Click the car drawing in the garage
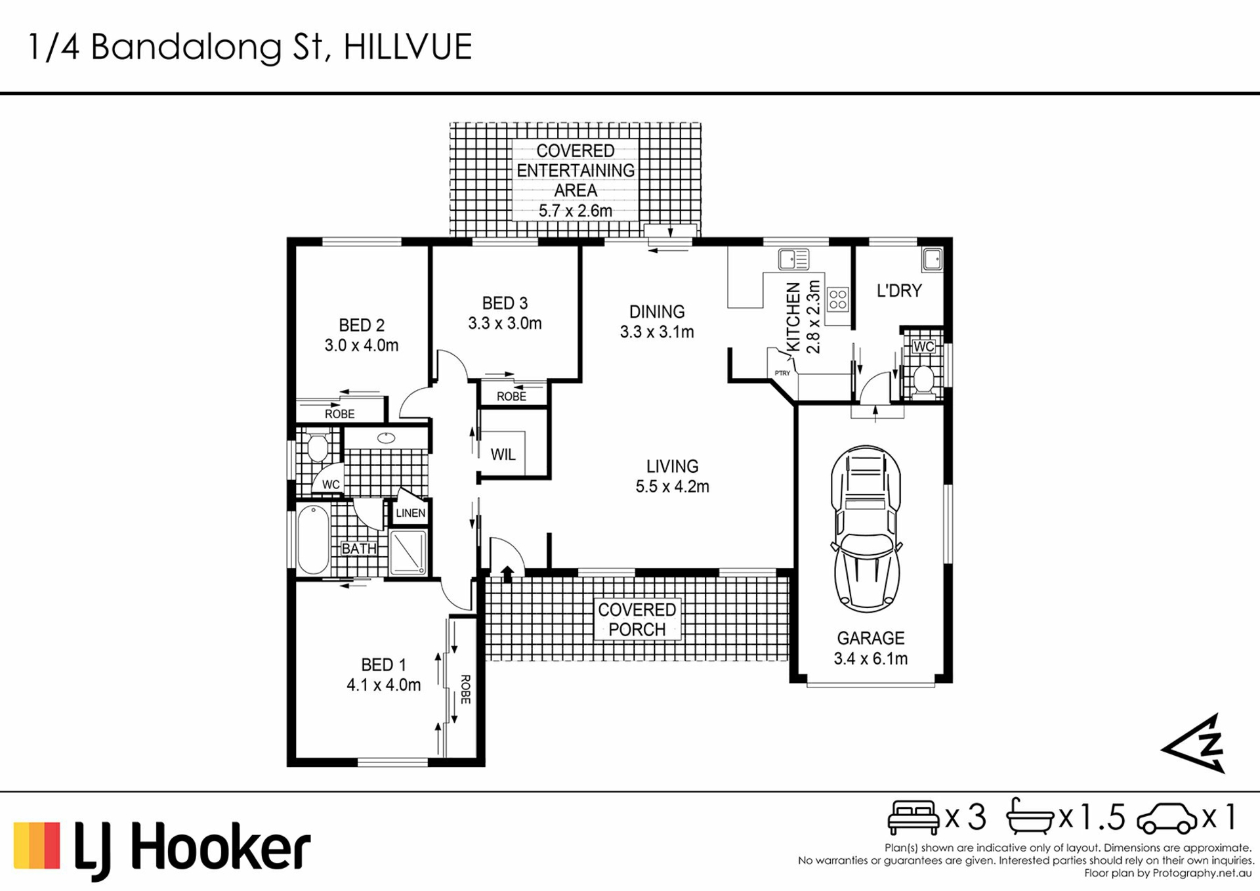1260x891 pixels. point(866,529)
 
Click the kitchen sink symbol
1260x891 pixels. point(793,259)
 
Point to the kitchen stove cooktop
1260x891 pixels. point(837,299)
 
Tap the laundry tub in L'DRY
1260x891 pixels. point(932,259)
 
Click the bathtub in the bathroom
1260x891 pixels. point(313,539)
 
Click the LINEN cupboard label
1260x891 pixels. point(411,513)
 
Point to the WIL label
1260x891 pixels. point(503,454)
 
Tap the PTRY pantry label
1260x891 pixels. point(782,373)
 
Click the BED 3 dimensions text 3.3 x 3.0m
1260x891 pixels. point(505,323)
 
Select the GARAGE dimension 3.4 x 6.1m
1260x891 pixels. point(871,659)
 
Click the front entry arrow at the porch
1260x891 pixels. point(507,574)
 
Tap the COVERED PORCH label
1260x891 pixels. point(637,619)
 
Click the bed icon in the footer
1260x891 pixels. point(913,817)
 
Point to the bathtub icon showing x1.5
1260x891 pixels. point(1030,816)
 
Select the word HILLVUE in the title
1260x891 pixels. point(408,47)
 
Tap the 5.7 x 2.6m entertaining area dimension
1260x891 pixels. point(576,211)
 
